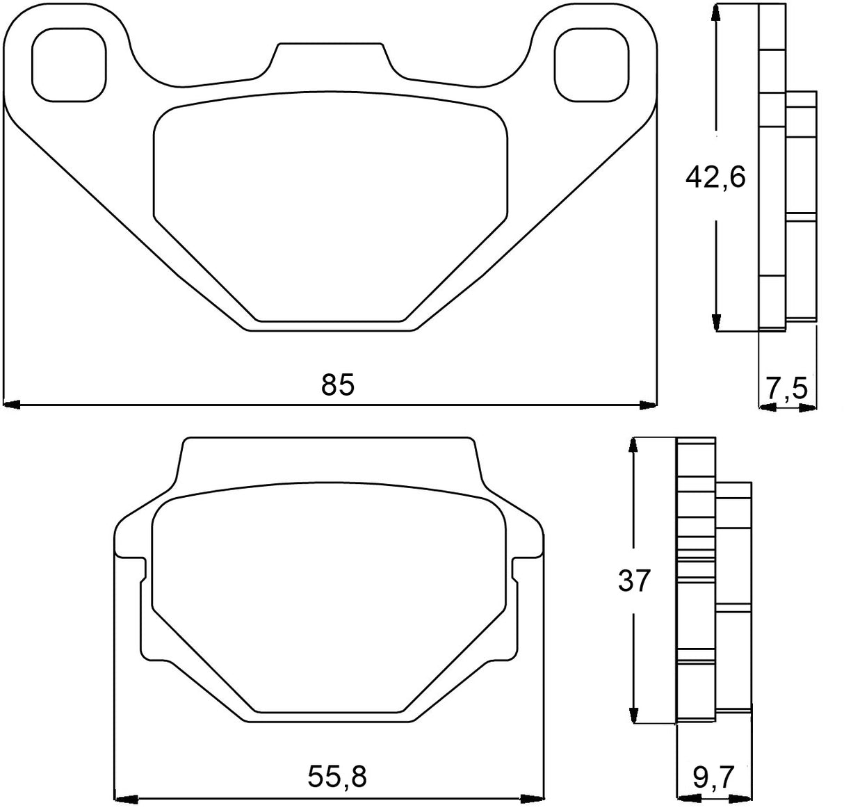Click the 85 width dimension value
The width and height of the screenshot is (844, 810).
click(338, 384)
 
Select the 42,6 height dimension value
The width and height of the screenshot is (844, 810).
click(715, 177)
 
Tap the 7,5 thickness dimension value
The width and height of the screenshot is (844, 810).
click(787, 387)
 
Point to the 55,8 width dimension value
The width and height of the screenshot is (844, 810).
click(336, 777)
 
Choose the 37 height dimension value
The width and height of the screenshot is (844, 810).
click(633, 581)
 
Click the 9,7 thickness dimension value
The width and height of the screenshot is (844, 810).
click(713, 777)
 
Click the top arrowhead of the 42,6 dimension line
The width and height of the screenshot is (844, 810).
click(715, 14)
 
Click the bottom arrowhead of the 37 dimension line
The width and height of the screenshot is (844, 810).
click(633, 715)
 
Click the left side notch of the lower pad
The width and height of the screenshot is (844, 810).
click(143, 570)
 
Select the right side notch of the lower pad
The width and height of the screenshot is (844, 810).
click(515, 570)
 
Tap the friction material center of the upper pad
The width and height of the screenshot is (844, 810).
click(330, 209)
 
